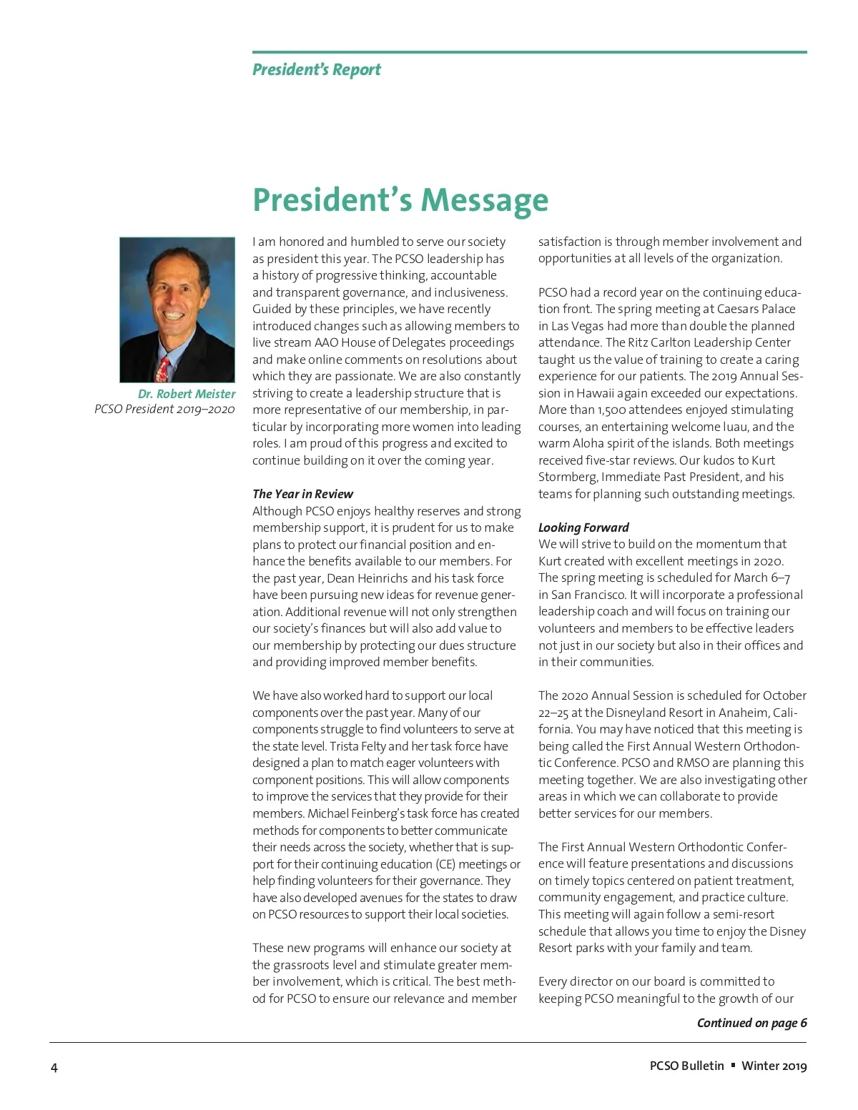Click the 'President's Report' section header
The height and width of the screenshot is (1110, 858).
click(x=316, y=70)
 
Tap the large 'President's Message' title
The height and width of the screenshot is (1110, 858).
click(x=400, y=199)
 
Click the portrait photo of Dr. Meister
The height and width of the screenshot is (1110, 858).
click(x=177, y=309)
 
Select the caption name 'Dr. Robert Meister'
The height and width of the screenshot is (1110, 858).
click(x=187, y=394)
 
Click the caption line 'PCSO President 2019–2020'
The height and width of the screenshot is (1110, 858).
click(x=164, y=409)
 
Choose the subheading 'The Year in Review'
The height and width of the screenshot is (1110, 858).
click(x=302, y=494)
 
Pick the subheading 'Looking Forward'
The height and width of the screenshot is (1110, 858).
click(x=583, y=527)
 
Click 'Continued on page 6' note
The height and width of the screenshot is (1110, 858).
click(x=751, y=1023)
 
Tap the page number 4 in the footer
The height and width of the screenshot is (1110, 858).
click(x=54, y=1068)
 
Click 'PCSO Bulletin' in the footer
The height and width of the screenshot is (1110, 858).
click(x=686, y=1066)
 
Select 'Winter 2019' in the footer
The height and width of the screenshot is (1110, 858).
click(x=774, y=1066)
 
